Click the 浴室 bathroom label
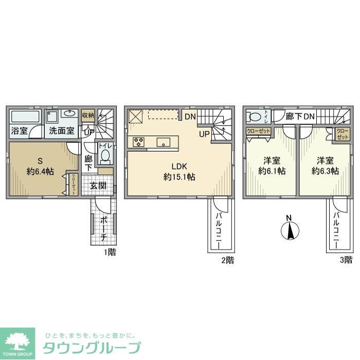click(20, 131)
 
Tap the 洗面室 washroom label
click(61, 131)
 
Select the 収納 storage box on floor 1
click(88, 116)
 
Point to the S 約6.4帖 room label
click(40, 166)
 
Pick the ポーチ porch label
click(103, 231)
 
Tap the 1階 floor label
click(109, 252)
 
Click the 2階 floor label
click(227, 260)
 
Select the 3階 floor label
click(346, 260)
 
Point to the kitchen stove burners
click(139, 142)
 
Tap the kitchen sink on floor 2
click(164, 142)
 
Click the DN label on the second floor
click(189, 116)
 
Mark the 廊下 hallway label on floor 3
click(294, 117)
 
